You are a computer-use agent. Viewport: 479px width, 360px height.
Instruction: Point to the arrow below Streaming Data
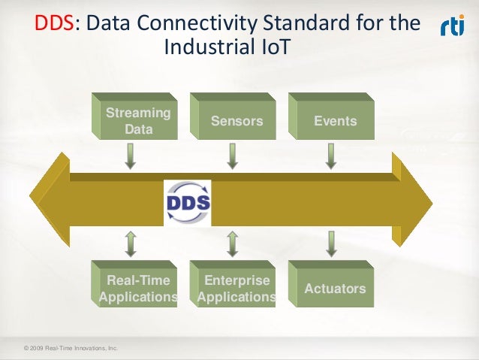pyautogui.click(x=130, y=156)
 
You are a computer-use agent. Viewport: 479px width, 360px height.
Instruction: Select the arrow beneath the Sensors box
pyautogui.click(x=233, y=156)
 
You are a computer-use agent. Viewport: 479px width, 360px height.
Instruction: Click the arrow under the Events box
pyautogui.click(x=330, y=156)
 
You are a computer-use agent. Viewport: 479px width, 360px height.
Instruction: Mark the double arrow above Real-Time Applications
pyautogui.click(x=130, y=244)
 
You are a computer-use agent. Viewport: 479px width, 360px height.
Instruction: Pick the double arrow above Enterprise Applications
pyautogui.click(x=233, y=244)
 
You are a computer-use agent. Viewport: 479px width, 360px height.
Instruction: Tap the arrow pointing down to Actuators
pyautogui.click(x=330, y=244)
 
